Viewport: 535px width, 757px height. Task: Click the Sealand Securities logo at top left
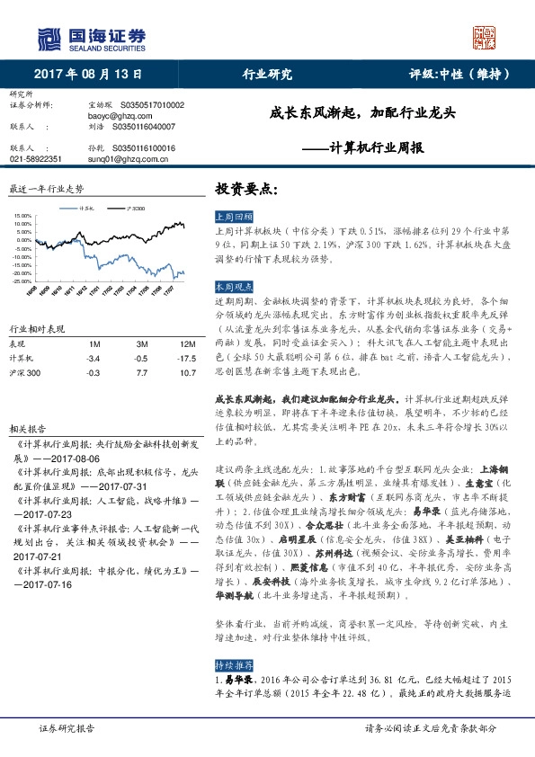pos(90,38)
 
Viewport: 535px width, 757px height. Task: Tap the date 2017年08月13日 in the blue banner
pos(88,75)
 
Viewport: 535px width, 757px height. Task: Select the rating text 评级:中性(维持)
pos(460,75)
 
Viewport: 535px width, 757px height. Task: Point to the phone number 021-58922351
pos(35,158)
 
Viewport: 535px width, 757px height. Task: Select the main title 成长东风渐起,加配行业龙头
pos(363,114)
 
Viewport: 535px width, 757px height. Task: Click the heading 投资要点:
pos(247,190)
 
